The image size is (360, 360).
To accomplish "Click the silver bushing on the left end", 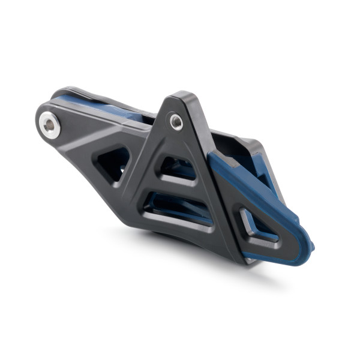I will [50, 124].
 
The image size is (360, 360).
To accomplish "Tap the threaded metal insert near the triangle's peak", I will [176, 122].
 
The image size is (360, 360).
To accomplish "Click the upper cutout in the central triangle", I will [178, 169].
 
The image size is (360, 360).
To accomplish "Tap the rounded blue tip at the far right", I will [308, 246].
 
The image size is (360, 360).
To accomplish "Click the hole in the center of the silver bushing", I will [49, 125].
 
